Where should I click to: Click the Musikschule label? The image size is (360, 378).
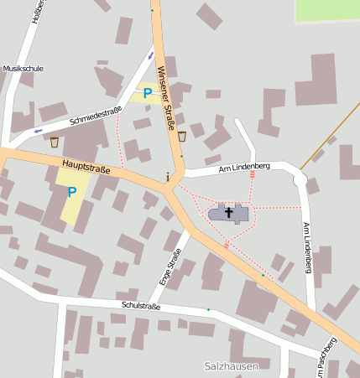(23, 68)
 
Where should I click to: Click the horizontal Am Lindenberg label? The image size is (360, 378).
(243, 167)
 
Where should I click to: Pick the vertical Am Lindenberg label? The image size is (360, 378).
(307, 248)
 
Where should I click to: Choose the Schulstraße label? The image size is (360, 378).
(140, 306)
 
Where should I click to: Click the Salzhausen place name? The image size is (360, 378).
(231, 366)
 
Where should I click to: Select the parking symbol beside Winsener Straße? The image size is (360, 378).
(148, 93)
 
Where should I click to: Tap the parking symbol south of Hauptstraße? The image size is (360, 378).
(71, 192)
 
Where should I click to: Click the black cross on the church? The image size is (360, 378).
(229, 211)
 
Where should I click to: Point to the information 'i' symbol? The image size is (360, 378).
(169, 177)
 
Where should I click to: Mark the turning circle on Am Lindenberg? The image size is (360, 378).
(300, 178)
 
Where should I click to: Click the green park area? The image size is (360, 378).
(327, 10)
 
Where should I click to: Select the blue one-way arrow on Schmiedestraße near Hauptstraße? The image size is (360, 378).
(37, 131)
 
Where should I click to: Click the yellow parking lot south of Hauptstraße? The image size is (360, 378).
(74, 201)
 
